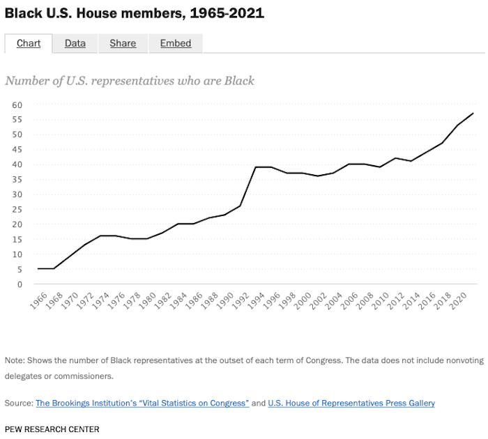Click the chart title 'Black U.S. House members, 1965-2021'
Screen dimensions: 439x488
[x=135, y=13]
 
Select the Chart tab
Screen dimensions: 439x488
[x=29, y=43]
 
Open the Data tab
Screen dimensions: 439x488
[x=75, y=43]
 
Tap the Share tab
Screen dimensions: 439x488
[x=123, y=43]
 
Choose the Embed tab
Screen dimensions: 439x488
[x=176, y=43]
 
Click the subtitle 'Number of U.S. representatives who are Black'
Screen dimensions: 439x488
[x=130, y=80]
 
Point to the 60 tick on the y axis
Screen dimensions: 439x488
[x=17, y=105]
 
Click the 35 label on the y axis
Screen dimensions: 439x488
[x=17, y=179]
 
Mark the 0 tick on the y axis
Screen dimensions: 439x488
[x=20, y=284]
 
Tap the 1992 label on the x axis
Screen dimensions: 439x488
[x=241, y=301]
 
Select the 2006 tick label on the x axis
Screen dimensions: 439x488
[x=348, y=301]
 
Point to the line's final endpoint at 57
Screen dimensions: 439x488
[x=473, y=113]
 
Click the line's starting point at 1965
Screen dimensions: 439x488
[x=38, y=268]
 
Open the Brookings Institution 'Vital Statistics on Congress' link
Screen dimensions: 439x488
[x=142, y=403]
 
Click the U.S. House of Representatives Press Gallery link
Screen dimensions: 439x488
[x=351, y=403]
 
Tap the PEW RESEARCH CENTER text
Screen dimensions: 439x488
[x=52, y=429]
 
